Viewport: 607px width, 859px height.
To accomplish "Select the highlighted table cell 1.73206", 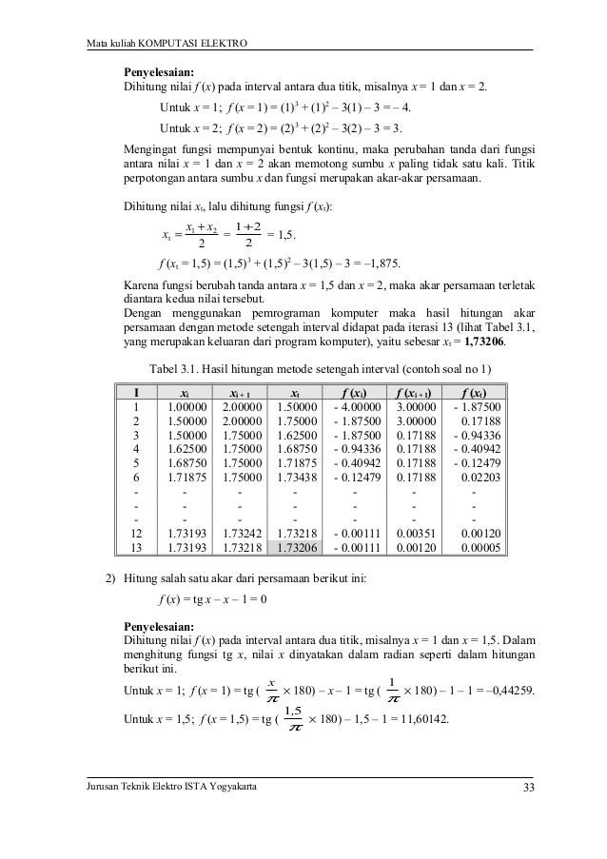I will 298,548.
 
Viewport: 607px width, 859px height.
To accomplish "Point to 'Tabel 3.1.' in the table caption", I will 175,368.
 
